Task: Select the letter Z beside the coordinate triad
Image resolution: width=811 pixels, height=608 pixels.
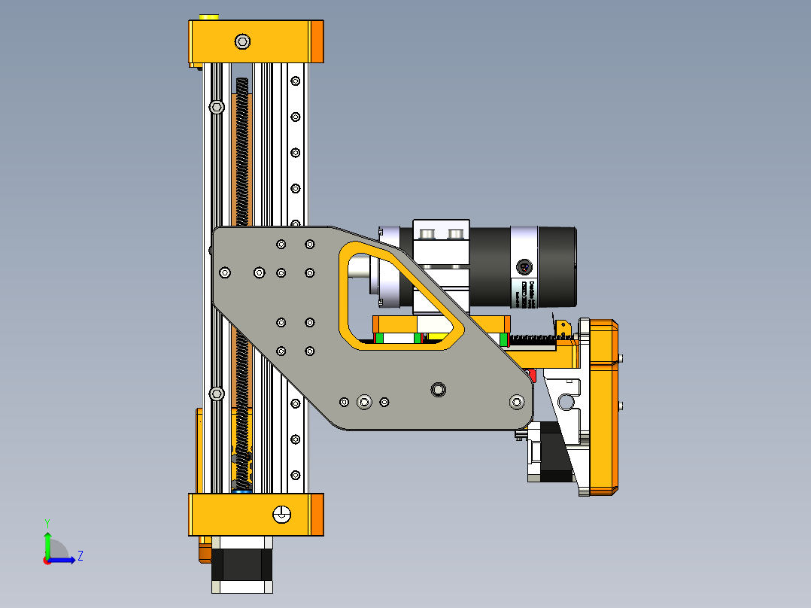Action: [80, 556]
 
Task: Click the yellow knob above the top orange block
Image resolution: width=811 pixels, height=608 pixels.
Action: [208, 17]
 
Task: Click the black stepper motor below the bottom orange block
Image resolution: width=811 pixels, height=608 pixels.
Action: [241, 564]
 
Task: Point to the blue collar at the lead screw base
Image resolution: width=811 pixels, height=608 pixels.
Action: [242, 491]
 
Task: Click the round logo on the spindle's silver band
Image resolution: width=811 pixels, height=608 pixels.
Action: [524, 266]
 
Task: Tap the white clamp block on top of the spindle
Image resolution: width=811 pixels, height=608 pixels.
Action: [441, 241]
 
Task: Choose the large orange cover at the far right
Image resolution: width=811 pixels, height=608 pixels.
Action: [603, 406]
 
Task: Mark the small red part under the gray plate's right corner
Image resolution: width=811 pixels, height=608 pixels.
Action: [533, 374]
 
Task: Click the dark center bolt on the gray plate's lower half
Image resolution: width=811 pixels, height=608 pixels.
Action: [438, 389]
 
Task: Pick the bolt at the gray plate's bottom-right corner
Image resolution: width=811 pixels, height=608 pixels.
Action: [517, 402]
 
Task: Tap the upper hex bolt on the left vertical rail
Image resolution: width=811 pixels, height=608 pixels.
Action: [217, 108]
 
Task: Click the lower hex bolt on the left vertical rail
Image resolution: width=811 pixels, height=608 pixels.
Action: [217, 394]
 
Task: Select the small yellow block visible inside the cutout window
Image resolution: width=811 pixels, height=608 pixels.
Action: [435, 336]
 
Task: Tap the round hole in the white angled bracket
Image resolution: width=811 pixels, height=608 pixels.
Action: [566, 403]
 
